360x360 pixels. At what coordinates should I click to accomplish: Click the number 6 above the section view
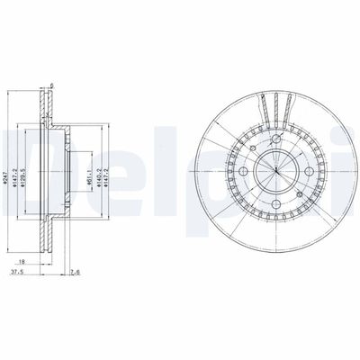[53, 87]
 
